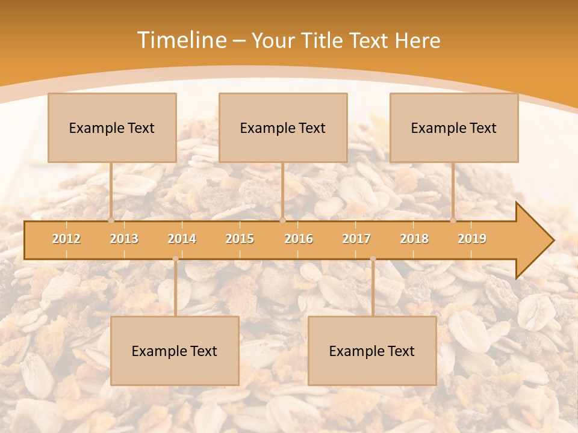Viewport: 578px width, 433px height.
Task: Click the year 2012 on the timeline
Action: coord(66,239)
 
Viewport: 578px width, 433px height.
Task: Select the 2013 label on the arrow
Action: coord(124,239)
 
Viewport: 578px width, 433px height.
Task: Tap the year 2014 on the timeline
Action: coord(182,239)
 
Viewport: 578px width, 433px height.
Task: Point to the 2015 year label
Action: coord(240,239)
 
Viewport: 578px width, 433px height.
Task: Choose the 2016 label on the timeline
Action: coord(299,239)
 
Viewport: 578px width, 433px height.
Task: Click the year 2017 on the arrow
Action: coord(356,239)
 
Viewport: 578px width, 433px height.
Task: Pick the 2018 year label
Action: coord(414,239)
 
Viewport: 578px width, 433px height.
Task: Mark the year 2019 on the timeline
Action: coord(472,239)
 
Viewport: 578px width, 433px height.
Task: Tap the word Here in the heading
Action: coord(418,40)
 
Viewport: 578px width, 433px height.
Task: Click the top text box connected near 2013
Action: coord(112,127)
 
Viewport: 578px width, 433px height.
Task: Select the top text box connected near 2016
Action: coord(283,127)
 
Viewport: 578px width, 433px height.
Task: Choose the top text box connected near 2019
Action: coord(454,127)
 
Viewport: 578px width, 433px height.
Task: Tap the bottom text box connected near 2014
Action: coord(175,351)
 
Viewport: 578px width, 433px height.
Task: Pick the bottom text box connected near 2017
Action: coord(372,351)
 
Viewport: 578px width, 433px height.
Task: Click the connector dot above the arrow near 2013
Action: coord(111,220)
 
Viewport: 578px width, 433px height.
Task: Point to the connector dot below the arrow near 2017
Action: coord(373,259)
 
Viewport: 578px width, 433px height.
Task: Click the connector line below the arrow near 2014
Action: coord(175,289)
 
